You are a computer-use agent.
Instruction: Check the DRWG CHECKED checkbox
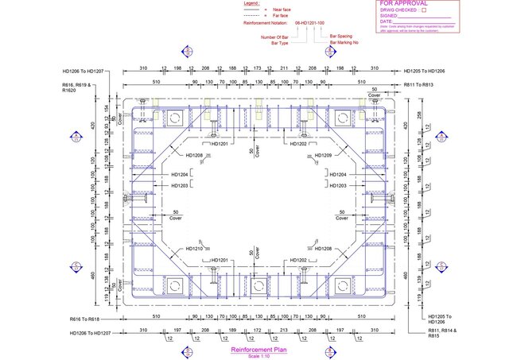pyautogui.click(x=424, y=10)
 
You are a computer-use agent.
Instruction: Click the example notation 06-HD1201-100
pyautogui.click(x=310, y=25)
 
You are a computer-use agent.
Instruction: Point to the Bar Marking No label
pyautogui.click(x=345, y=41)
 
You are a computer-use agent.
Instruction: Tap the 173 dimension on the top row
pyautogui.click(x=257, y=68)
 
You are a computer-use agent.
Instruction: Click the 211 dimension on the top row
pyautogui.click(x=284, y=68)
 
